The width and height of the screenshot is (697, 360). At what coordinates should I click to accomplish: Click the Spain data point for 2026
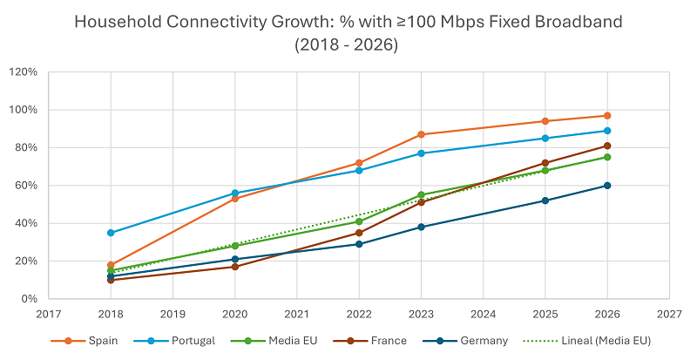607,116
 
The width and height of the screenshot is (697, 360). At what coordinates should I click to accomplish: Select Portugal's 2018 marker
111,233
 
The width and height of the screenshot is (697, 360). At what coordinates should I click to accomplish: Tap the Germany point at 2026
607,186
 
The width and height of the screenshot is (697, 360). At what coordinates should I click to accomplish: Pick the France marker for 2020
235,267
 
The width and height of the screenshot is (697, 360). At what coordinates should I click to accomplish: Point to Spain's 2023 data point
421,134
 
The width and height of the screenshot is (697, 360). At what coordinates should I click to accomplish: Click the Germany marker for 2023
421,227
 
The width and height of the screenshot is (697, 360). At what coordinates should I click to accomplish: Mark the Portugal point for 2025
545,138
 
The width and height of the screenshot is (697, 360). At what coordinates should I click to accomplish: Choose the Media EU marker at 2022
359,221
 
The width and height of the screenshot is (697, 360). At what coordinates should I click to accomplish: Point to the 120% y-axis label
23,71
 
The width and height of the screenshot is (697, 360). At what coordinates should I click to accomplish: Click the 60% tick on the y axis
25,186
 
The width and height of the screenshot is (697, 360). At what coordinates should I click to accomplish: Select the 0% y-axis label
29,299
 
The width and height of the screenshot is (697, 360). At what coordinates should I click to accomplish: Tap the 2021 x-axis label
297,313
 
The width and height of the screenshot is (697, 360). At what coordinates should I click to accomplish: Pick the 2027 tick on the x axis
669,313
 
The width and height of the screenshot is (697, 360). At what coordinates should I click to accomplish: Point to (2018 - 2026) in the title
348,44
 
